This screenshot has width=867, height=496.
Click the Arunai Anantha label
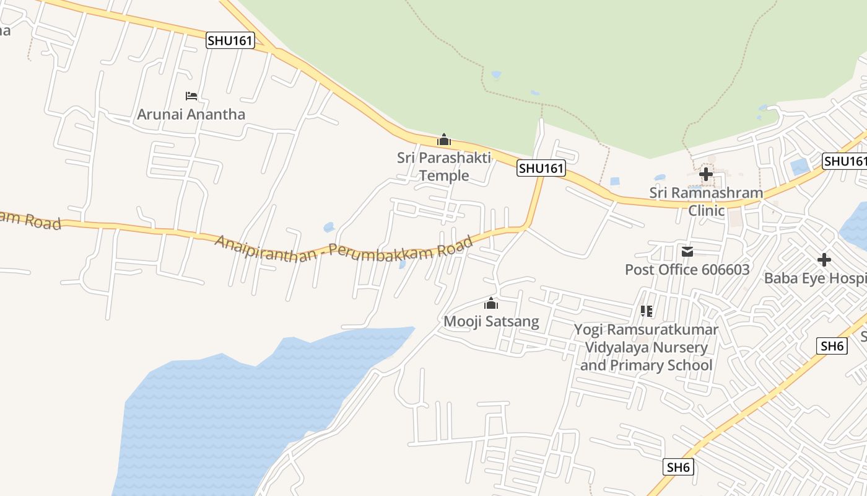tap(191, 115)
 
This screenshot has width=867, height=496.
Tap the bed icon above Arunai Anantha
tap(191, 96)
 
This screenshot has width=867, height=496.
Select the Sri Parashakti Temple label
tap(444, 166)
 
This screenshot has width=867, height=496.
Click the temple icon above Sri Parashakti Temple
tap(443, 140)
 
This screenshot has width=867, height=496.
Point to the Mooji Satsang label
tap(491, 322)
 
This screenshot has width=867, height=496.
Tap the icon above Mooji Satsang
tap(491, 304)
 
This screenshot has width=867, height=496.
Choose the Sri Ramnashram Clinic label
tap(706, 201)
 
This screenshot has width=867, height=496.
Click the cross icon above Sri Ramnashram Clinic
tap(705, 174)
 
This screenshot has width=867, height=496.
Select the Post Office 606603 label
tap(687, 270)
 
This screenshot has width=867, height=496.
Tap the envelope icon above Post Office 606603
tap(687, 252)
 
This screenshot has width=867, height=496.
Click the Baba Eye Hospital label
tap(815, 278)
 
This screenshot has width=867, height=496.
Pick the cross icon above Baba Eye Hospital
tap(824, 260)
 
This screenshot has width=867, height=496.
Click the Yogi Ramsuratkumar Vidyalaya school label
tap(646, 347)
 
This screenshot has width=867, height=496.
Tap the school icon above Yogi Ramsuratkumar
tap(647, 311)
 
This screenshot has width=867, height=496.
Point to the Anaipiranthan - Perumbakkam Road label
tap(344, 248)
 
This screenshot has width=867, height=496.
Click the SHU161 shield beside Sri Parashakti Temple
tap(541, 168)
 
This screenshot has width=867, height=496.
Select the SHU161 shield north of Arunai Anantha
tap(230, 41)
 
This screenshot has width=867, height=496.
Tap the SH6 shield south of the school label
tap(678, 467)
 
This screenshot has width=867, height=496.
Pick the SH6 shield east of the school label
tap(832, 346)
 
